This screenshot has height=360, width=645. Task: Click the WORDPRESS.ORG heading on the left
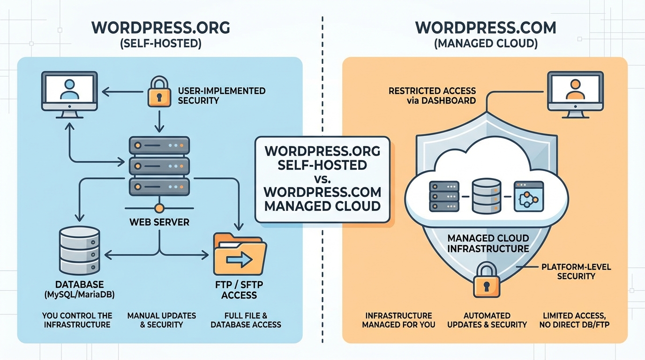[161, 28]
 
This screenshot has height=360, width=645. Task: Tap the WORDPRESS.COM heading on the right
[486, 28]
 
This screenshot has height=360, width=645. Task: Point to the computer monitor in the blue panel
[69, 91]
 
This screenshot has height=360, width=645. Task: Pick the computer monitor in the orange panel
[575, 91]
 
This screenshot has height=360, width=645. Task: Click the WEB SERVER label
[159, 222]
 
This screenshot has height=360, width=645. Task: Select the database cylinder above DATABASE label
[80, 251]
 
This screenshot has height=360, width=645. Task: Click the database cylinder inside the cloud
[487, 196]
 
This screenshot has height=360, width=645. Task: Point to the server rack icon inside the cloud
[443, 196]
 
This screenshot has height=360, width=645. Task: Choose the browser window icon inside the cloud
[529, 196]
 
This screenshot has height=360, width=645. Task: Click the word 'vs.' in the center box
[322, 179]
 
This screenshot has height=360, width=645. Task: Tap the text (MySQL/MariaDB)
[79, 295]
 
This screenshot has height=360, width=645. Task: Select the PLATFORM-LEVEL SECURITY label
[576, 271]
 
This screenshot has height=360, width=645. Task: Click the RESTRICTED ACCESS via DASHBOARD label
[432, 95]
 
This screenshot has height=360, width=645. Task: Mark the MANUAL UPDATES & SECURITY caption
[161, 320]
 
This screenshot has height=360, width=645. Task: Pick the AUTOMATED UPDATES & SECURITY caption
[487, 320]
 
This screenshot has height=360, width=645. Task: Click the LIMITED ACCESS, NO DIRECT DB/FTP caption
[576, 320]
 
